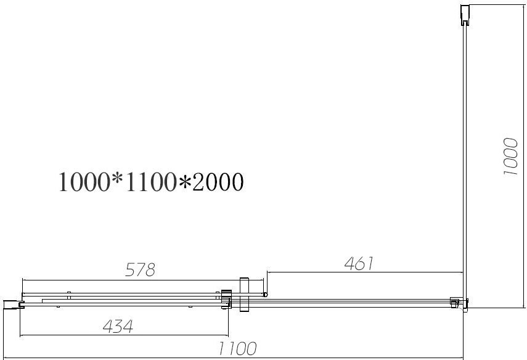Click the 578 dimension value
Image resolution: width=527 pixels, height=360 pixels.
140,269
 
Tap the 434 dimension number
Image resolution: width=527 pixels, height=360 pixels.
118,326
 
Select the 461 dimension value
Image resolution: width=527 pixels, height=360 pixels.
359,264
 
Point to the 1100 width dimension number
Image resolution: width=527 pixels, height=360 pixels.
238,348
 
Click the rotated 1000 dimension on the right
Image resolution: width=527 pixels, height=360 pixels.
511,157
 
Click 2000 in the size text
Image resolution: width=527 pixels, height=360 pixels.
218,182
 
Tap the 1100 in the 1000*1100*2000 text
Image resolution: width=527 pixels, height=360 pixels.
150,182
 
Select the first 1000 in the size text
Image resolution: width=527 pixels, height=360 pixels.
84,182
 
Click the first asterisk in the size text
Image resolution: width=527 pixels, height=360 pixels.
117,178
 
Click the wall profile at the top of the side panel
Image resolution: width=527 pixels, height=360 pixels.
465,15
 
